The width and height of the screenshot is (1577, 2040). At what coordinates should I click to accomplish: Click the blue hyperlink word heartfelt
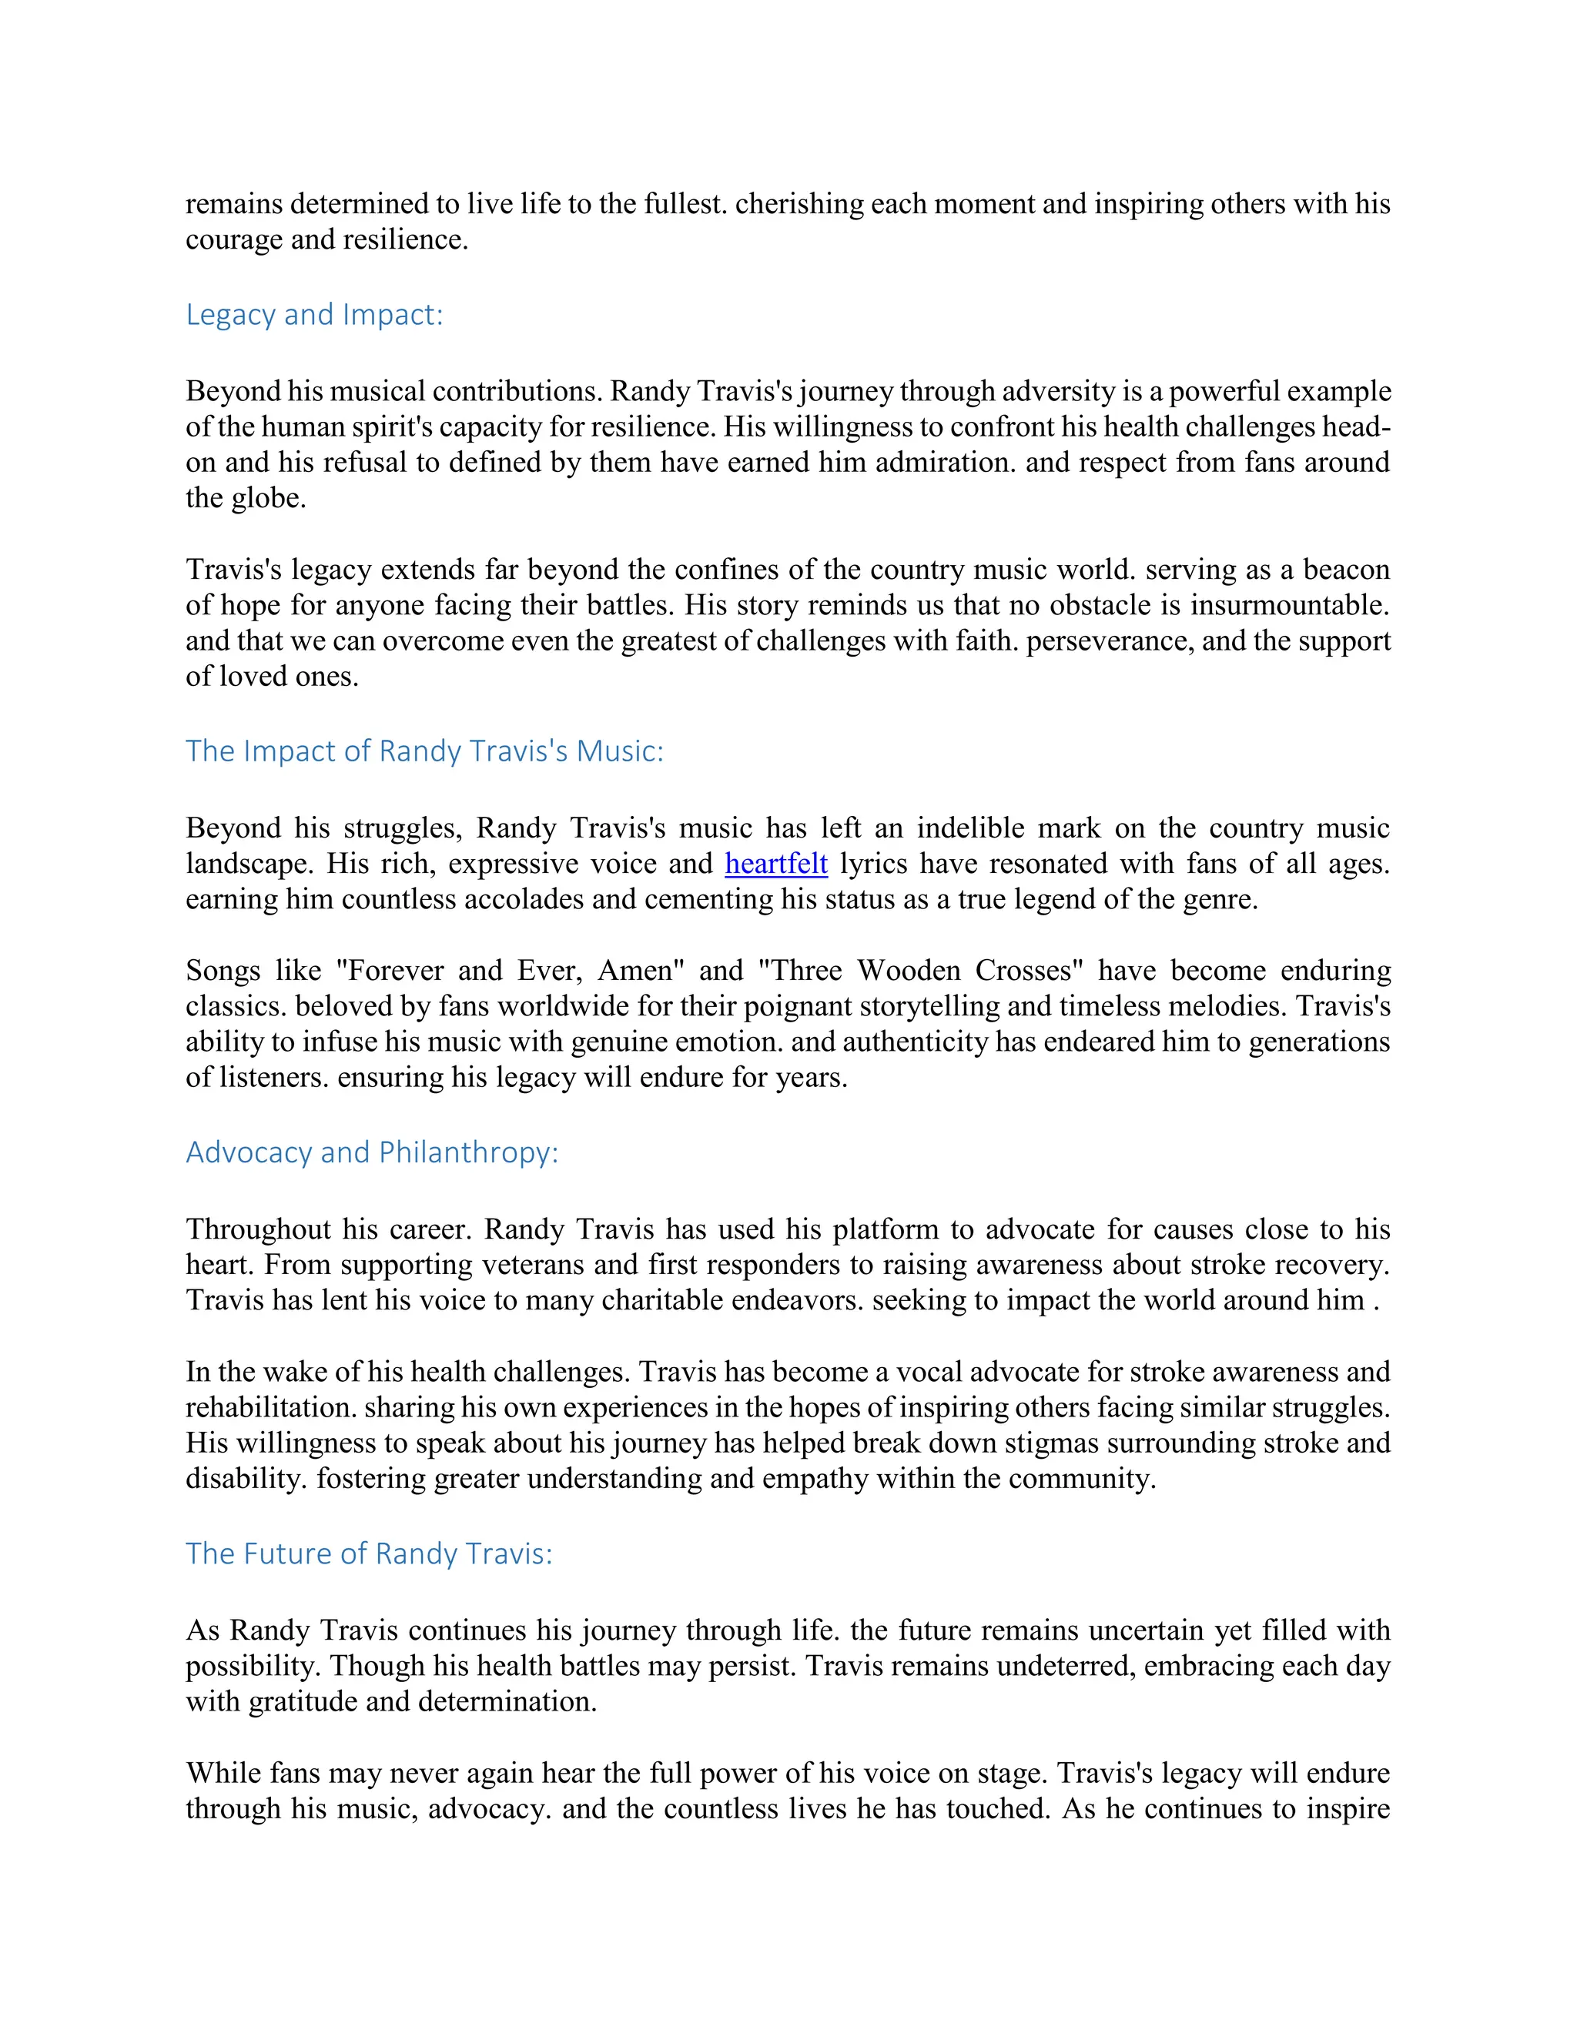(x=775, y=864)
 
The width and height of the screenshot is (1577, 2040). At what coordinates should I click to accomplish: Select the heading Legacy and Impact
(x=314, y=315)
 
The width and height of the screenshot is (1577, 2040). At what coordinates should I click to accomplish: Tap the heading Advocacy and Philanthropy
(x=372, y=1152)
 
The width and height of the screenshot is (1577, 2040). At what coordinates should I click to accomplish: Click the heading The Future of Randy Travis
(x=369, y=1553)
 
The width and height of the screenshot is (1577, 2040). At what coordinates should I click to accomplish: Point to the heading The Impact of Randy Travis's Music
(x=424, y=751)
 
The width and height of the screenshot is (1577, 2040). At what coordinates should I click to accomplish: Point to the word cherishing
(x=799, y=204)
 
